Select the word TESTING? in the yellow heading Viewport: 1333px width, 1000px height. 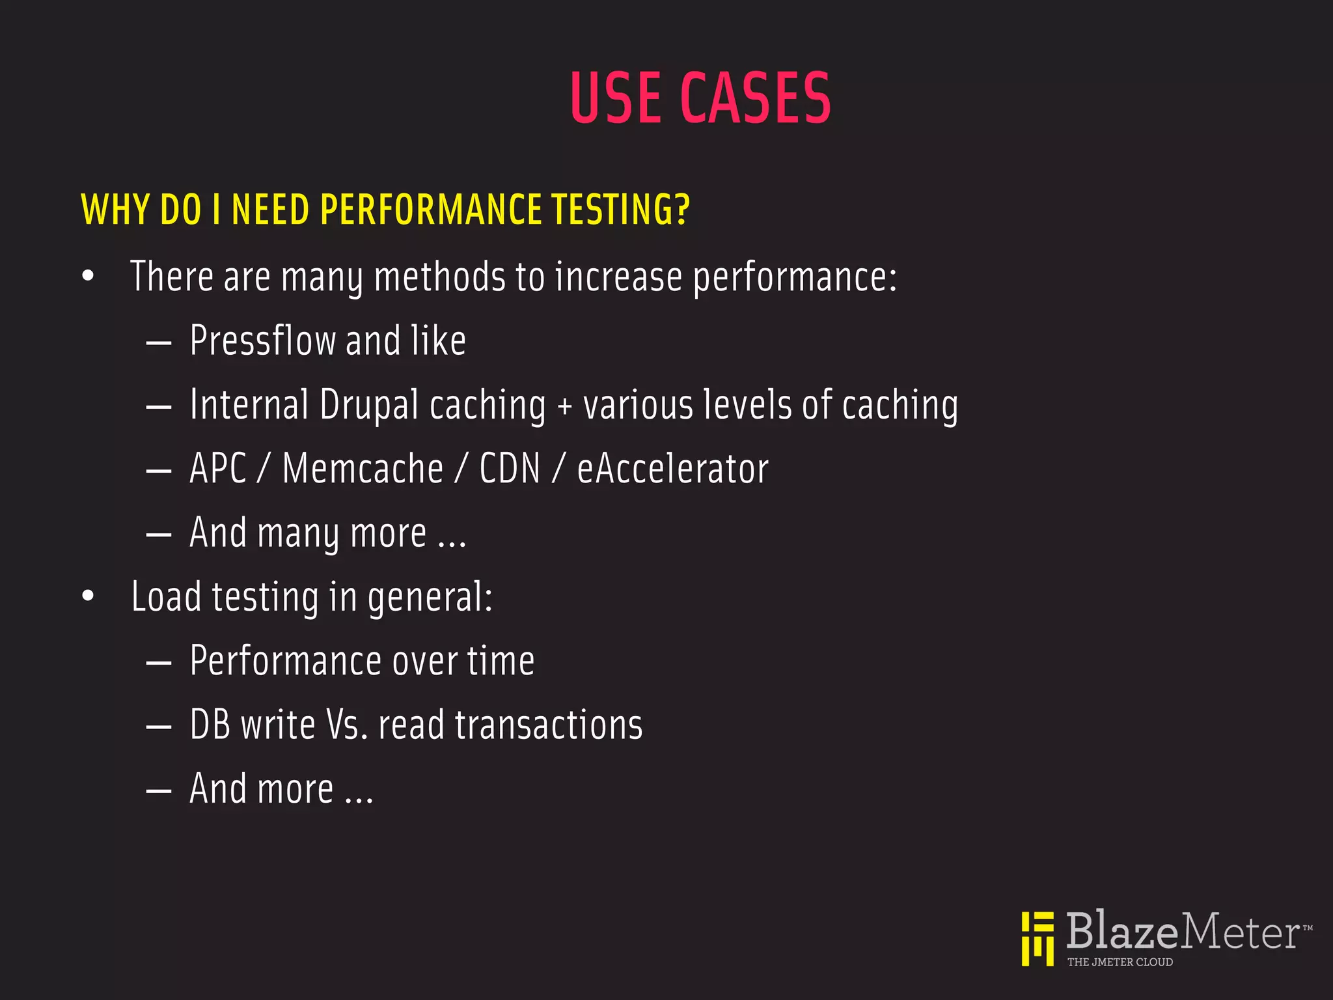tap(620, 210)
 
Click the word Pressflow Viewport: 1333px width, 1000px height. tap(262, 340)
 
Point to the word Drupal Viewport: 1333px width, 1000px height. tap(369, 405)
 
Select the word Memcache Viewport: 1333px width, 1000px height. tap(363, 469)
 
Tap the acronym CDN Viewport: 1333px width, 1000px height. tap(510, 469)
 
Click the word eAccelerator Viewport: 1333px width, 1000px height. tap(672, 469)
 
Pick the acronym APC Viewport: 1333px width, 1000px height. tap(218, 469)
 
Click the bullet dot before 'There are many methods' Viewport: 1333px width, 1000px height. tap(88, 276)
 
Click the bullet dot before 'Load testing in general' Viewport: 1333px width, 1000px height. tap(88, 596)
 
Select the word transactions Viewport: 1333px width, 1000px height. tap(549, 725)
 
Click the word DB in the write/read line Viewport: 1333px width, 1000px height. tap(210, 725)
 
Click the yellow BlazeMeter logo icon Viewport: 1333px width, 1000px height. tap(1038, 938)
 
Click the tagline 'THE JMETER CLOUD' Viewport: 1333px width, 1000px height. tap(1120, 962)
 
